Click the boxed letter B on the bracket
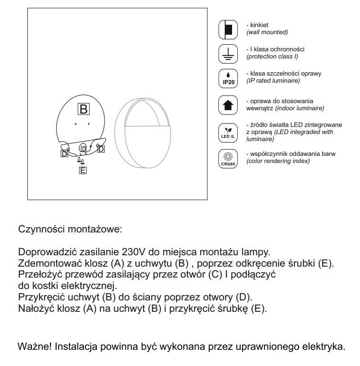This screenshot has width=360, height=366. (84, 109)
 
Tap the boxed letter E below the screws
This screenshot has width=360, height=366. (83, 170)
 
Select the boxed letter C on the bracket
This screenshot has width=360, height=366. (83, 149)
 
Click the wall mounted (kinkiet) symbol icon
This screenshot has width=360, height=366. (228, 30)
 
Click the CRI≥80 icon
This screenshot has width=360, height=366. (228, 158)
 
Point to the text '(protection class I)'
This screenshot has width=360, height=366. (272, 57)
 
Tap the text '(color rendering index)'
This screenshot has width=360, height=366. (278, 161)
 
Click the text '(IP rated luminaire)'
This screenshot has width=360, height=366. (273, 81)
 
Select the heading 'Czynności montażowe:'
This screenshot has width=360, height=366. (70, 229)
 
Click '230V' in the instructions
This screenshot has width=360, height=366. (123, 251)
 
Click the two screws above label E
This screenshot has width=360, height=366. (82, 161)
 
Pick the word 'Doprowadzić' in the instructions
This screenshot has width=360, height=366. (44, 251)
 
